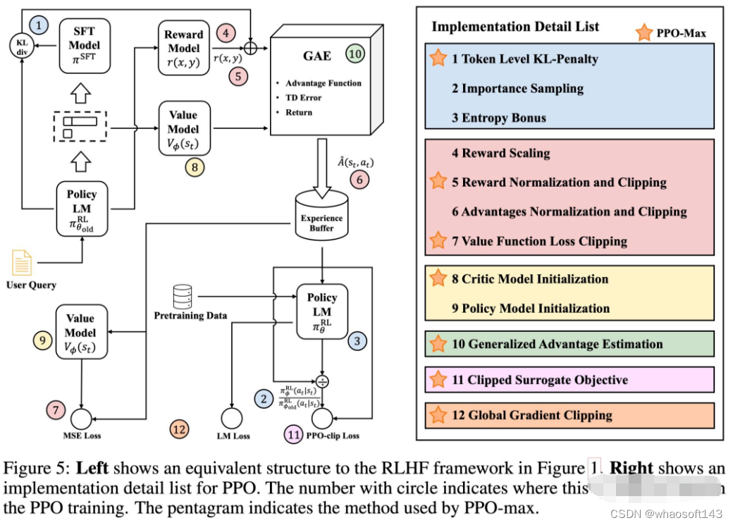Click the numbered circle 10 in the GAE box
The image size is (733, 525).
357,54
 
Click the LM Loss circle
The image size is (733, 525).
233,418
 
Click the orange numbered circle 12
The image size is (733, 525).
180,428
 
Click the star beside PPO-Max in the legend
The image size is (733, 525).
643,32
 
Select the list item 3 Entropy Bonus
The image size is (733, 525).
499,118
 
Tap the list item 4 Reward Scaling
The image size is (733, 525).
501,153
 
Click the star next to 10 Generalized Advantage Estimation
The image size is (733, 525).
438,344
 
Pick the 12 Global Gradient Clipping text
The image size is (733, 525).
532,415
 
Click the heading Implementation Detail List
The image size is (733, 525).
515,27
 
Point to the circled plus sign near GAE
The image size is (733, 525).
249,49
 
